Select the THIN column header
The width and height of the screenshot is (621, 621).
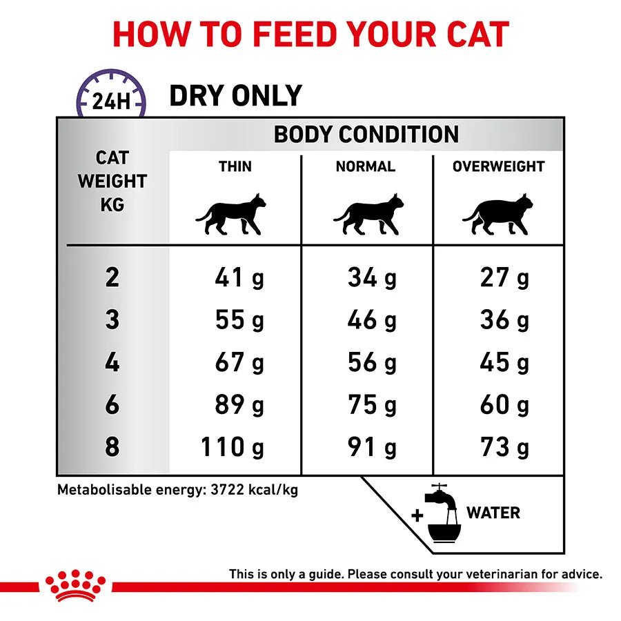pos(235,166)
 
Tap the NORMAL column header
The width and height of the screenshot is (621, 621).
pos(365,166)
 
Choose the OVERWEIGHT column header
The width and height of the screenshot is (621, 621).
pos(498,166)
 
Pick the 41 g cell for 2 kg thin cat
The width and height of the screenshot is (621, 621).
pos(239,278)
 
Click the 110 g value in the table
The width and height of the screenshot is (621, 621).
pos(233,447)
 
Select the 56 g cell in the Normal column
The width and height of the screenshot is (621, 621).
pos(372,363)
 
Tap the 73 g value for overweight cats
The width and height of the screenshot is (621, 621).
pos(504,447)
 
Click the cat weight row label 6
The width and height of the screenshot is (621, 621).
pos(112,405)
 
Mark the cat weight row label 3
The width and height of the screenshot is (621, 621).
pos(112,320)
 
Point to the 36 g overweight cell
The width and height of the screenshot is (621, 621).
pos(504,320)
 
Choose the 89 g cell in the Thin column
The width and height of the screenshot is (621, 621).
pos(239,405)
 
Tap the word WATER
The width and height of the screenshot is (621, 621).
pos(493,513)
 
